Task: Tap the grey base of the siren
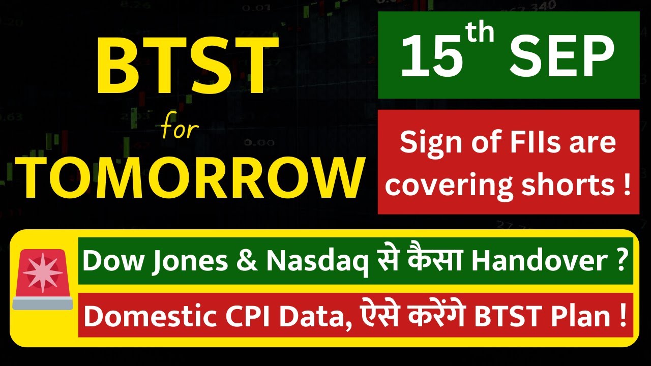click(43, 303)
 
